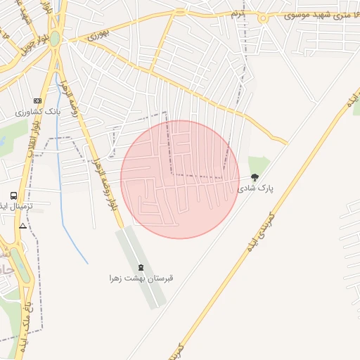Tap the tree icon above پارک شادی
tap(255, 178)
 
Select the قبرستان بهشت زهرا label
tap(141, 278)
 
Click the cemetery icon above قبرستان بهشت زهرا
tap(141, 266)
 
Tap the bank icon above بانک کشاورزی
tap(37, 101)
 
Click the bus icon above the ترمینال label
tap(13, 195)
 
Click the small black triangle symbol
tap(22, 226)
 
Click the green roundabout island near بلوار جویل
tap(54, 39)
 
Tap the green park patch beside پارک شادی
tap(259, 165)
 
